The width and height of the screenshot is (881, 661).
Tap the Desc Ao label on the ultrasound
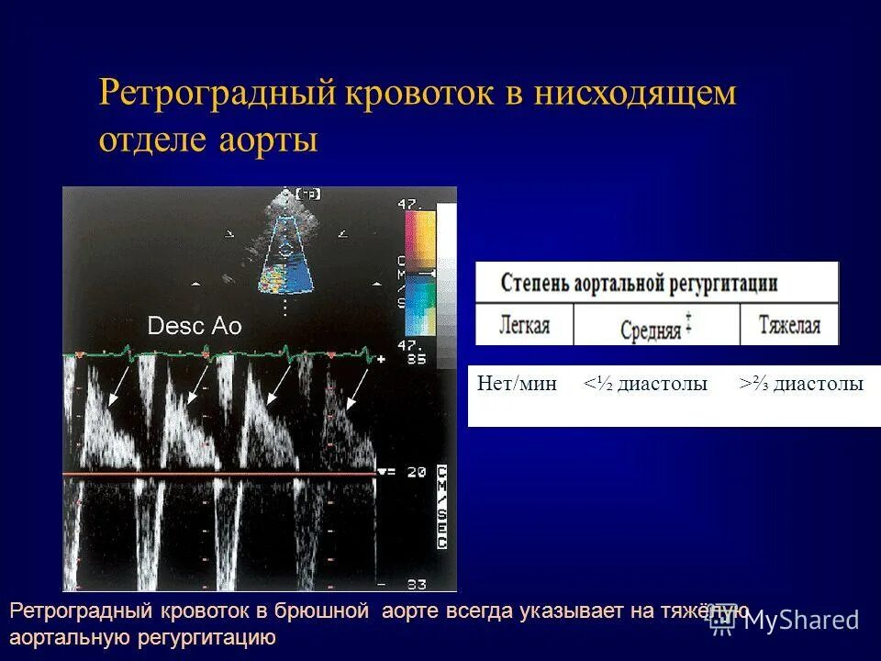click(195, 326)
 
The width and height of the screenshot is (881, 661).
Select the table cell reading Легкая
click(524, 325)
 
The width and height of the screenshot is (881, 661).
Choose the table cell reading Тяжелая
click(789, 325)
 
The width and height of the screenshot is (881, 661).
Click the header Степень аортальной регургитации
click(640, 283)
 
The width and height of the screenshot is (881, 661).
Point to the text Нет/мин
click(517, 385)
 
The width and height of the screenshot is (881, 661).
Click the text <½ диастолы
click(645, 385)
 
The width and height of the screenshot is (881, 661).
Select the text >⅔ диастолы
click(802, 385)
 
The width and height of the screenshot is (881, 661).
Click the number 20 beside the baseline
click(416, 472)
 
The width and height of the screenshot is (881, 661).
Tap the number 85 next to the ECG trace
click(415, 359)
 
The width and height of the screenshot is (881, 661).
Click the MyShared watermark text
click(801, 621)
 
